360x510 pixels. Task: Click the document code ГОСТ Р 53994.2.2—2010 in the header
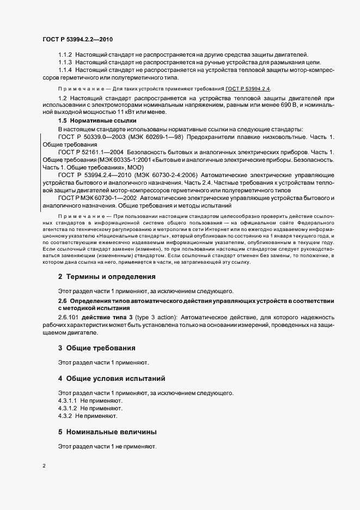coord(77,39)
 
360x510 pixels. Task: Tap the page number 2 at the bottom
coord(44,466)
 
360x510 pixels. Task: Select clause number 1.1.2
coord(65,54)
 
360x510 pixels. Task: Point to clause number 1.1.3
coord(65,63)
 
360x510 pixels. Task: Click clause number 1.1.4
coord(65,70)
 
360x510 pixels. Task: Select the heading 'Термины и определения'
coord(111,276)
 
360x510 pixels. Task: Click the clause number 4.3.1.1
coord(68,400)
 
